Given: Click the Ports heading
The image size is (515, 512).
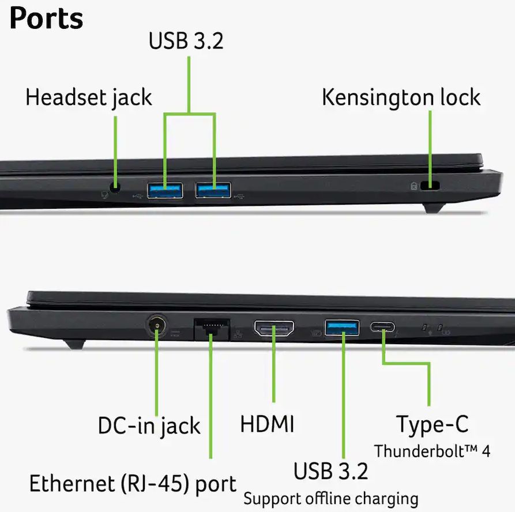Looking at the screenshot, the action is coord(46,18).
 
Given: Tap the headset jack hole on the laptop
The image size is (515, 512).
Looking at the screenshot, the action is coord(115,188).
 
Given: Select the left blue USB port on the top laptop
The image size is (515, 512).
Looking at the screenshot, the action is coord(165,190).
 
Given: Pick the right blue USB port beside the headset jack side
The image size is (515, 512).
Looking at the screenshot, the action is coord(213,190).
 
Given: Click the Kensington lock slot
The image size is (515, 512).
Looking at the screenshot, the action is coord(430,186).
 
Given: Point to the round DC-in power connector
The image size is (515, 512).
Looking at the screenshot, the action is coord(157,326).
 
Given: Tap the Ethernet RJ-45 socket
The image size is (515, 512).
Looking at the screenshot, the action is coord(212,329).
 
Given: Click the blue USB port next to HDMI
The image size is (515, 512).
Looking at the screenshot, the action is coord(342,327).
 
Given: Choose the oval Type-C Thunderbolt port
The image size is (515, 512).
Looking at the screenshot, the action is coord(382,327).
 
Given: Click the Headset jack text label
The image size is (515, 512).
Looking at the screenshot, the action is coord(89,98).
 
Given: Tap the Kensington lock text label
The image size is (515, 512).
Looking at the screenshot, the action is coord(401,97).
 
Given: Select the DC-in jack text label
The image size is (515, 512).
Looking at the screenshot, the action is coord(149,426).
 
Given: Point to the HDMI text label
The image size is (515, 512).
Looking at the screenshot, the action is coord(268,424).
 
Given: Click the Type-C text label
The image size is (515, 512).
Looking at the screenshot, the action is coord(432,424).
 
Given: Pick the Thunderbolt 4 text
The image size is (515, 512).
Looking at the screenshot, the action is coord(432,451).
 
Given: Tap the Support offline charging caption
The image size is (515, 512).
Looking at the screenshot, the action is coord(331,499).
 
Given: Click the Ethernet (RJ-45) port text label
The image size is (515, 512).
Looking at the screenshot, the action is coord(133,484).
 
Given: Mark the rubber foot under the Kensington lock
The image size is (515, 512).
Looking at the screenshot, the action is coord(434,208).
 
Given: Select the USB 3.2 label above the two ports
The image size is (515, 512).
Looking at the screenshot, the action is coord(186,41).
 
